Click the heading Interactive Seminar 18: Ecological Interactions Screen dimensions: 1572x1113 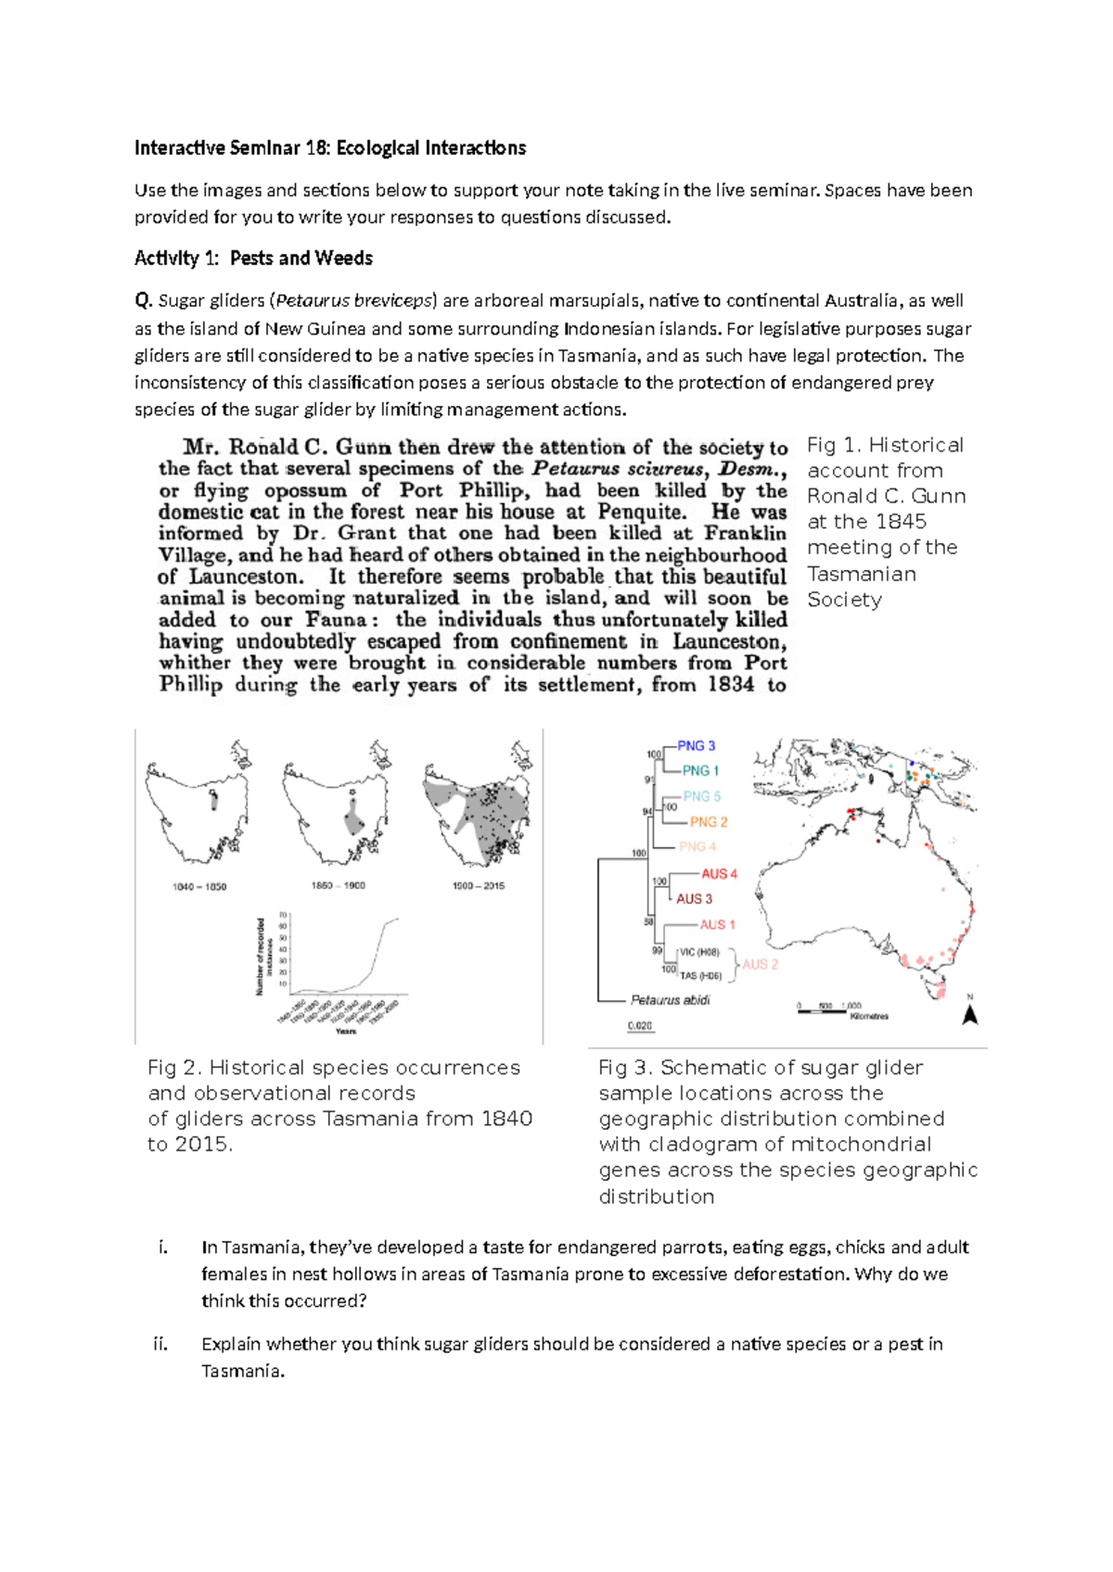(x=329, y=148)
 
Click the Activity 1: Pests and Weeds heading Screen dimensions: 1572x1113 (x=253, y=259)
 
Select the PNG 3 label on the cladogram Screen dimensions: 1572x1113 (x=696, y=745)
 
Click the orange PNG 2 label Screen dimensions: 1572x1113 (x=708, y=821)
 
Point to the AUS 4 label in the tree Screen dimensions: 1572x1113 (x=719, y=873)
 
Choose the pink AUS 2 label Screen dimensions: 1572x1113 (x=760, y=964)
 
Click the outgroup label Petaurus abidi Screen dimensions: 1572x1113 (x=670, y=1000)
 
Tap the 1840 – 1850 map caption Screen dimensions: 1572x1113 (x=199, y=887)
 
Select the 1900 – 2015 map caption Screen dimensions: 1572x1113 (x=479, y=886)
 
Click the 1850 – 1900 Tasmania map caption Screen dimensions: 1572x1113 (x=339, y=886)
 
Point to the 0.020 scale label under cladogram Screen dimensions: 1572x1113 (x=640, y=1026)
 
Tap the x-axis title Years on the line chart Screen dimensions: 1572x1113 (x=345, y=1031)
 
